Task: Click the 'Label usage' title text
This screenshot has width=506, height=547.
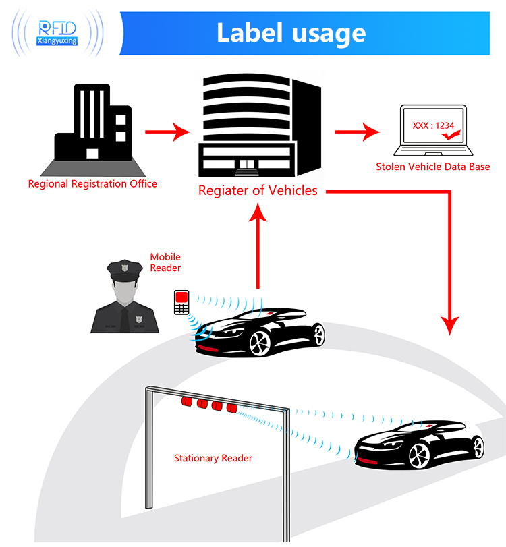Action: [291, 32]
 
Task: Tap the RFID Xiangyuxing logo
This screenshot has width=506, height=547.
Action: [57, 32]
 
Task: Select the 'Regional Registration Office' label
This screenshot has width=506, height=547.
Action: [92, 183]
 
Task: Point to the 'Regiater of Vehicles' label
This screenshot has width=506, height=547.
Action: [258, 190]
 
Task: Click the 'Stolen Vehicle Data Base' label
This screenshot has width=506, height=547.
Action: [432, 167]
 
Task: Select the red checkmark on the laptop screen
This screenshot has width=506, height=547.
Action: [449, 136]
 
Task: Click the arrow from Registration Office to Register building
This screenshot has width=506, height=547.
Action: [169, 131]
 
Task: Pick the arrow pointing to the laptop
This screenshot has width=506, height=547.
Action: [358, 131]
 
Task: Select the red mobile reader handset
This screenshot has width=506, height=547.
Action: [181, 302]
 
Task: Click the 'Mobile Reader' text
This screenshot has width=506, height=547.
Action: [165, 262]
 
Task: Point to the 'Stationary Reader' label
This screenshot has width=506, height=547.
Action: [213, 459]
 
